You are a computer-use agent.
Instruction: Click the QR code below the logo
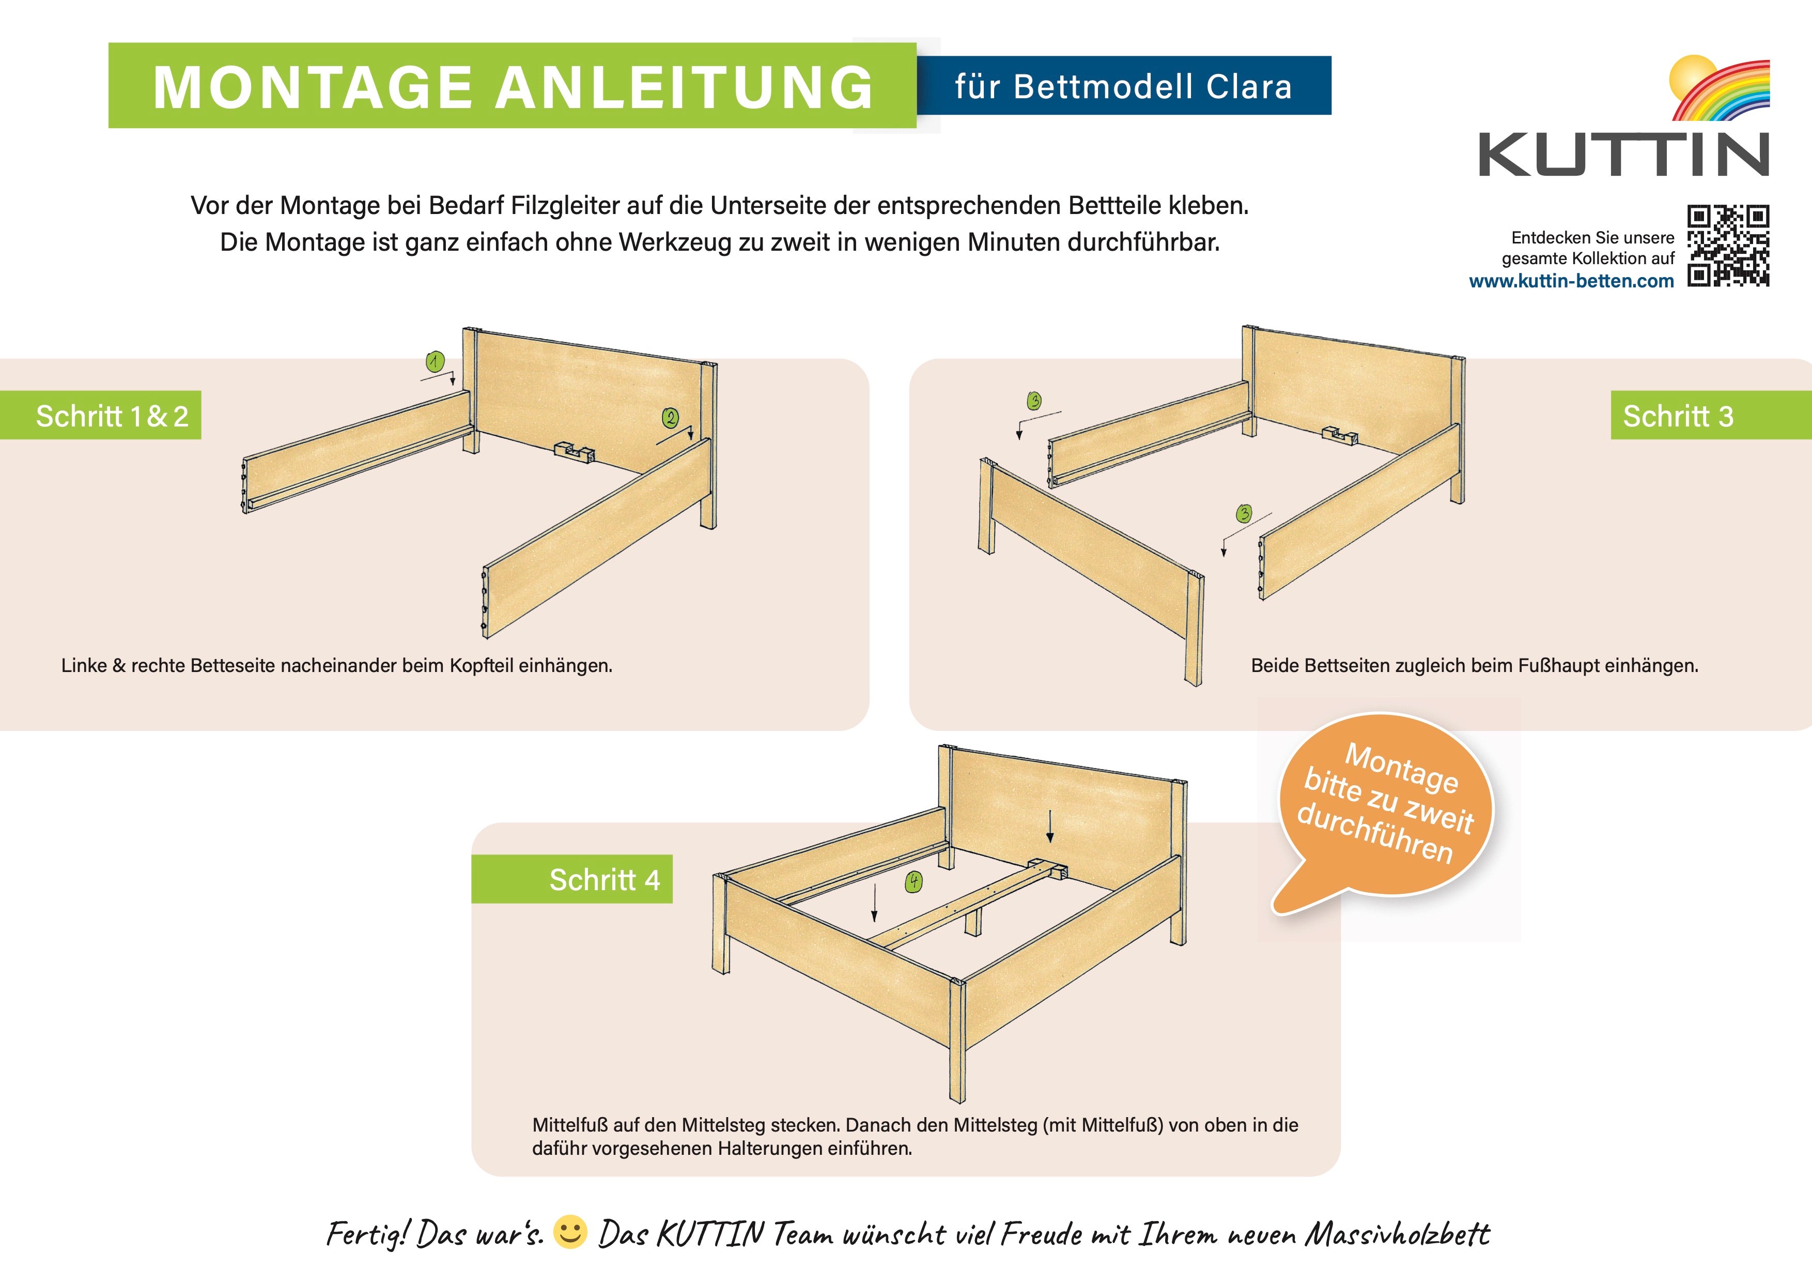1728,246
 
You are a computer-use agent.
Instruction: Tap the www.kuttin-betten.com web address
1571,281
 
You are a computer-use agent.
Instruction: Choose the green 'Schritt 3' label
1711,415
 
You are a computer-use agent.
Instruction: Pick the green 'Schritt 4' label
572,879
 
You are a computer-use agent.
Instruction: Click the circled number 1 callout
435,361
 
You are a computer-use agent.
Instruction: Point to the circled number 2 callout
670,418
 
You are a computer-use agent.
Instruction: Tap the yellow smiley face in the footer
570,1232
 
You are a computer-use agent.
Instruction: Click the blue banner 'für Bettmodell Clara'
1124,85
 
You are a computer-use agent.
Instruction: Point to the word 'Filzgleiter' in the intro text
566,205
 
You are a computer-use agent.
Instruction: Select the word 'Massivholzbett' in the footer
1397,1233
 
